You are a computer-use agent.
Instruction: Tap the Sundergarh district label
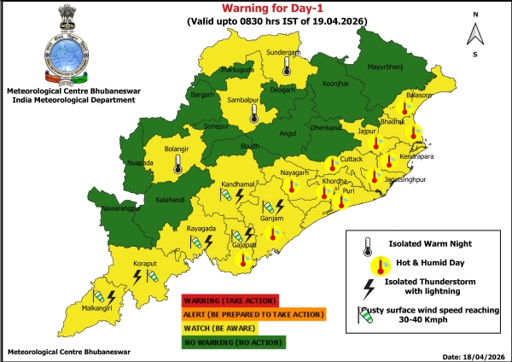click(x=285, y=51)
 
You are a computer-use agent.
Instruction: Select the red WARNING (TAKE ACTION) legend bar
click(x=230, y=300)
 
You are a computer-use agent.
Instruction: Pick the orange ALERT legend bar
click(x=253, y=314)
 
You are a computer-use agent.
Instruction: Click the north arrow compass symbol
click(x=474, y=33)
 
